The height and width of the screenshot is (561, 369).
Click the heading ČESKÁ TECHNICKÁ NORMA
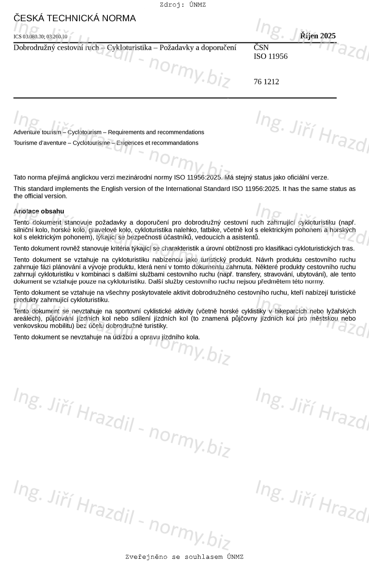pyautogui.click(x=75, y=19)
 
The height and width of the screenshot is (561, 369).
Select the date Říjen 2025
pyautogui.click(x=318, y=36)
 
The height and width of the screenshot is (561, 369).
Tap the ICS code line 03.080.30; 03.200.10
pyautogui.click(x=40, y=37)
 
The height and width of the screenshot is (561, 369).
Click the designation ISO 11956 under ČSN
pyautogui.click(x=270, y=57)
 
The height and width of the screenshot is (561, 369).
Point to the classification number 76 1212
pyautogui.click(x=266, y=82)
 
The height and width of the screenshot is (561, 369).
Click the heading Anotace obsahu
pyautogui.click(x=39, y=211)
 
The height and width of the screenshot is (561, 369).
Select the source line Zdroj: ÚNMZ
pyautogui.click(x=183, y=5)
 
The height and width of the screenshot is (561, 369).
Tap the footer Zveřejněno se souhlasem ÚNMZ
pyautogui.click(x=184, y=557)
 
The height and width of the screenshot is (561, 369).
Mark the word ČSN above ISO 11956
pyautogui.click(x=261, y=47)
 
